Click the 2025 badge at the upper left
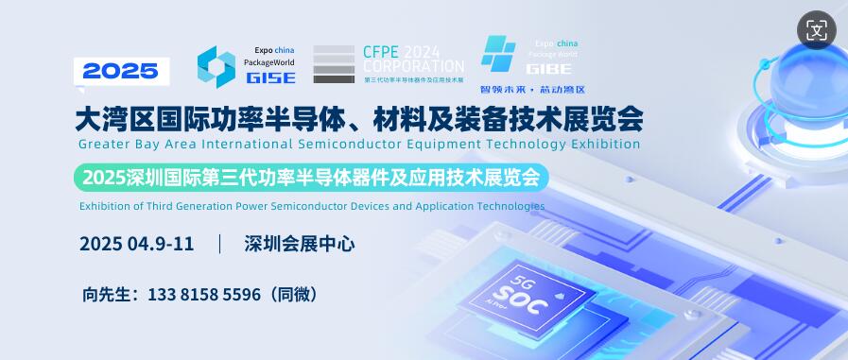pos(120,69)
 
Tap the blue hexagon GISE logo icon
pos(216,67)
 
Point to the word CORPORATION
pos(413,67)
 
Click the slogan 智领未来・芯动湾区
pos(532,90)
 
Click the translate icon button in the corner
pos(816,29)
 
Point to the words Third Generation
pos(199,205)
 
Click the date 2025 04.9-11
pos(137,243)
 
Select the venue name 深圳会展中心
pos(299,243)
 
